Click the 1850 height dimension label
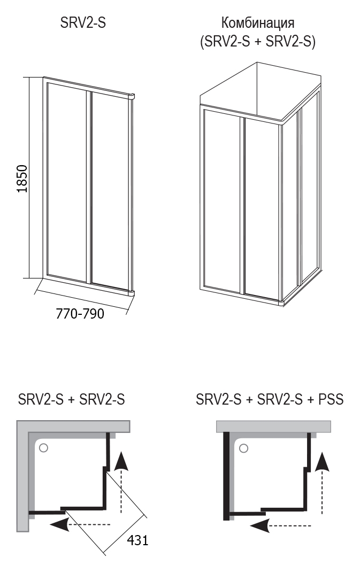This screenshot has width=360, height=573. point(22,179)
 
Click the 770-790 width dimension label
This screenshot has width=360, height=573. point(80,314)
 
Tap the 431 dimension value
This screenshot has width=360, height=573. point(137,540)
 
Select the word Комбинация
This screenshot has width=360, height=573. point(257,24)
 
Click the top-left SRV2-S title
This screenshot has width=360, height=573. point(83,23)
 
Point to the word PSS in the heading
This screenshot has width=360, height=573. point(331,399)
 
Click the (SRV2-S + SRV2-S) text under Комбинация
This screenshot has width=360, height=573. point(257,42)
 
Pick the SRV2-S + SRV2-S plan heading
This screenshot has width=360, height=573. point(71,399)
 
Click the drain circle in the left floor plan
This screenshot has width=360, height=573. point(43,448)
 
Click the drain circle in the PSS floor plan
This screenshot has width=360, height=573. point(243,448)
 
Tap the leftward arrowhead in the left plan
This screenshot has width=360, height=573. point(59,524)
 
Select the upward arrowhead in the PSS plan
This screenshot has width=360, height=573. point(323,461)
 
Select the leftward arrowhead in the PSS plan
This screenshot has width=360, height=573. point(260,525)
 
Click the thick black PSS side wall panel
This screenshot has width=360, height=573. point(226,476)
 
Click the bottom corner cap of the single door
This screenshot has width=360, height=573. point(131,292)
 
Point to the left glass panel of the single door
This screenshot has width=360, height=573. point(66,182)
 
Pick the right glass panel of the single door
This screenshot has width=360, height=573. point(109,191)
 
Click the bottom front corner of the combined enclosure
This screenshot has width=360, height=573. point(282,302)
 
